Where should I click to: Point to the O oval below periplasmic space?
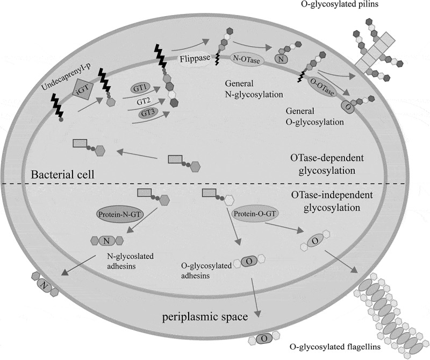pyautogui.click(x=265, y=338)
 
